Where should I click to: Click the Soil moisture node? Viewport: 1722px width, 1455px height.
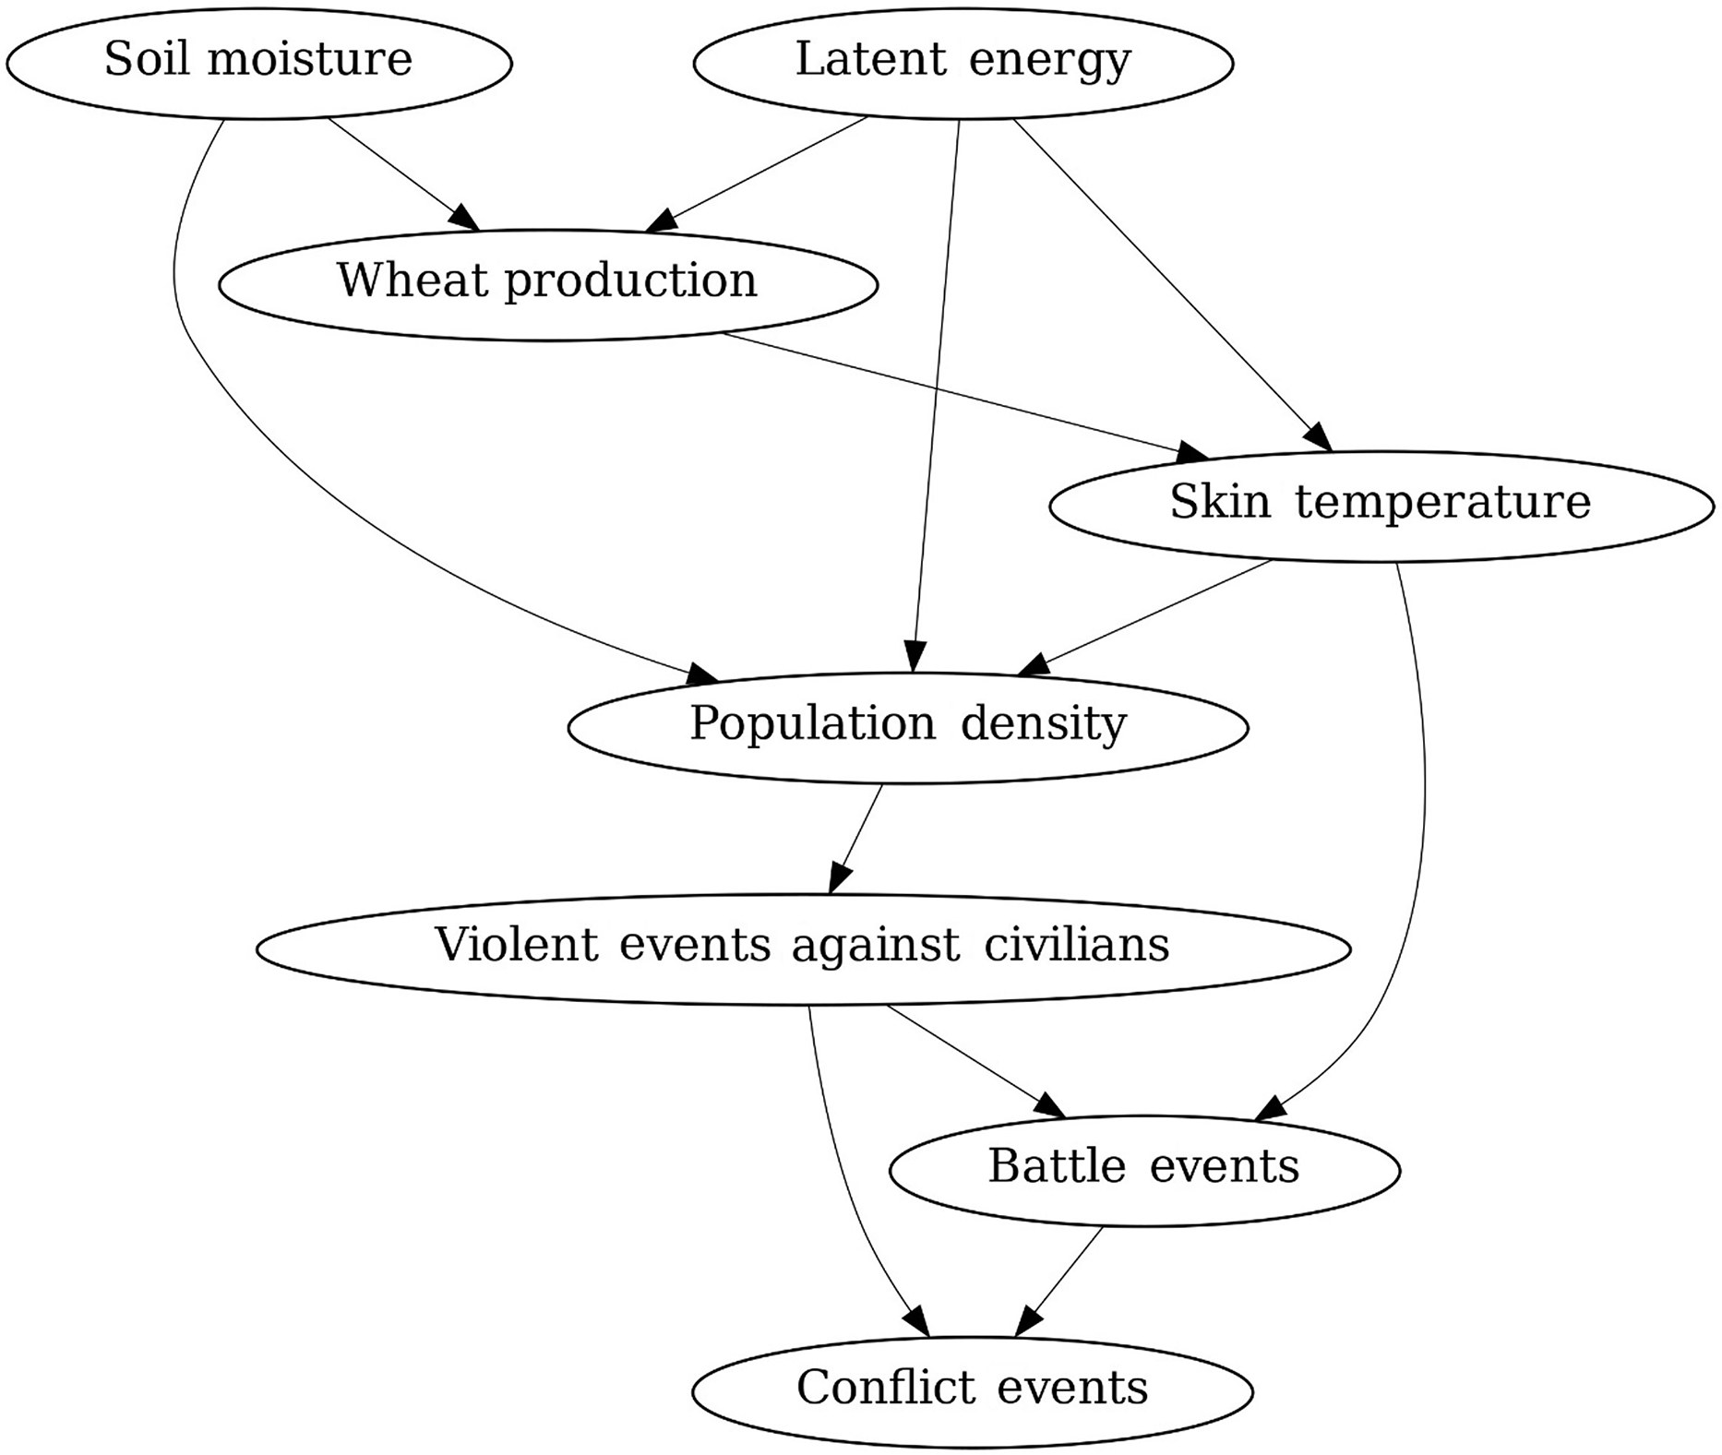click(258, 63)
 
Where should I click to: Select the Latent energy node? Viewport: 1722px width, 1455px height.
click(963, 63)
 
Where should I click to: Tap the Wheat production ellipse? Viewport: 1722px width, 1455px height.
click(548, 284)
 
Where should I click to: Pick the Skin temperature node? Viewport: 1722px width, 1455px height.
click(1381, 506)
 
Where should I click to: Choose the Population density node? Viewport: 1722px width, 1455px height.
click(908, 727)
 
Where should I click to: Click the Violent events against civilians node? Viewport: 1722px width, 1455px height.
click(803, 948)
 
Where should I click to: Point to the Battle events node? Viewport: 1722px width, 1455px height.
click(1144, 1170)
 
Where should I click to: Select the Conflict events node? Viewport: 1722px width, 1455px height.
click(973, 1391)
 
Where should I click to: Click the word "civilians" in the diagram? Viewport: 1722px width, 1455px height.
click(1076, 945)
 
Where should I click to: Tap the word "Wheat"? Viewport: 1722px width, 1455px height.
click(413, 280)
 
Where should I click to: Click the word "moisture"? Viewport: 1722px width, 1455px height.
click(310, 59)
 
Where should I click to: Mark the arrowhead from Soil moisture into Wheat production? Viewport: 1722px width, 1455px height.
click(467, 220)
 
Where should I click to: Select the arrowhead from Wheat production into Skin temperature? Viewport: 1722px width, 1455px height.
click(1193, 453)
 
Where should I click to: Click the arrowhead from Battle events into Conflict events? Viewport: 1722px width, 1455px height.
click(1027, 1324)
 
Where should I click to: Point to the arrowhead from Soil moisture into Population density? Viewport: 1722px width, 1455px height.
click(703, 677)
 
